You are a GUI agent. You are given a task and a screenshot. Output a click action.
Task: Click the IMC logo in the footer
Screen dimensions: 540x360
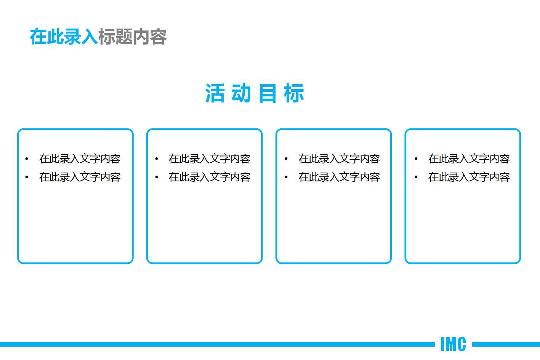tap(453, 344)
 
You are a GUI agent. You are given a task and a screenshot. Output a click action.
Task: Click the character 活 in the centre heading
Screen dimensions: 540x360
tap(215, 93)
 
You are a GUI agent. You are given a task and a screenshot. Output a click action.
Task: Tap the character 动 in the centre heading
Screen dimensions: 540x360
tap(241, 93)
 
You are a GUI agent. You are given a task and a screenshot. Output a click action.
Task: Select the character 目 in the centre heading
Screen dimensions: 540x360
tap(268, 93)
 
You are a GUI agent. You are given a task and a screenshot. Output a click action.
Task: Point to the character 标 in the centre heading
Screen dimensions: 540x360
tap(294, 93)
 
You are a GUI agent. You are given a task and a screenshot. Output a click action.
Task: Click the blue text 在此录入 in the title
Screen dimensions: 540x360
tap(64, 37)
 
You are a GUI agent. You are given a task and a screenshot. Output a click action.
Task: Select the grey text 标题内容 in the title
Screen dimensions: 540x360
tap(132, 37)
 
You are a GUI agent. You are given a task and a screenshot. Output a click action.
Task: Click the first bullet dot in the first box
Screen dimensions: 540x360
tap(27, 159)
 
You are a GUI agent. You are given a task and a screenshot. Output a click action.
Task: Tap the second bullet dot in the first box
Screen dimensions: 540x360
tap(27, 178)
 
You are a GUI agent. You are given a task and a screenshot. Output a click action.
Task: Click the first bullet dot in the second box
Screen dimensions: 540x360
tap(157, 159)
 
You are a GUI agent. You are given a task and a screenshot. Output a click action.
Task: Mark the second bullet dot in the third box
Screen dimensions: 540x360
tap(286, 178)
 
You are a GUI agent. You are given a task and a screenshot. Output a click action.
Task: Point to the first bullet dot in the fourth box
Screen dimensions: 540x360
tap(416, 159)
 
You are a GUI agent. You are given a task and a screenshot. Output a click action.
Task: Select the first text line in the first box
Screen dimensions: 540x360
tap(80, 159)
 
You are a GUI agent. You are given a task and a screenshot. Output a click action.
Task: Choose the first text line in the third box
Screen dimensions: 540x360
tap(339, 159)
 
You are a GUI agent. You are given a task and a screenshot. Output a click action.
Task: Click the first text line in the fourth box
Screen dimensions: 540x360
tap(469, 159)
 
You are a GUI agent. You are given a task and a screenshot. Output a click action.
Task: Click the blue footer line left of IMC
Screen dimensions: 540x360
tap(217, 344)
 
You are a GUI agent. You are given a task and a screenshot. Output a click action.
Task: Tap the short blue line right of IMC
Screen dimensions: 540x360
tap(506, 344)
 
